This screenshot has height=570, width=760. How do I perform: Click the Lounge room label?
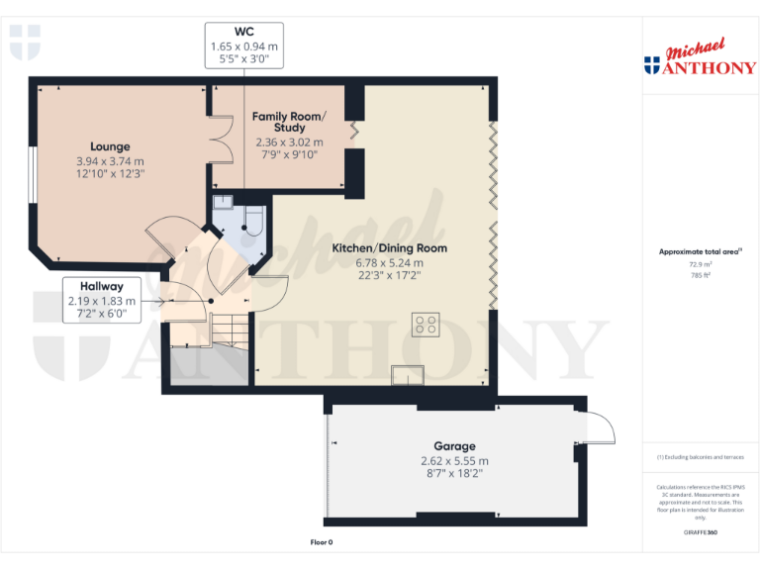(x=110, y=146)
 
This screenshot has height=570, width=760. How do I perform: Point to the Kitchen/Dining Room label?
(x=389, y=248)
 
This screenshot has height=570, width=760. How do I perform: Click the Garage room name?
(x=453, y=446)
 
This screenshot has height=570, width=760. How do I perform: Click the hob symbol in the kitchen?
(x=427, y=325)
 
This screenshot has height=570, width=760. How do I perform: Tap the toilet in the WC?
(x=251, y=223)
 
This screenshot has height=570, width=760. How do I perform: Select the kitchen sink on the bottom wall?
(x=406, y=374)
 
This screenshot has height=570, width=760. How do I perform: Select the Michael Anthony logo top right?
(x=699, y=59)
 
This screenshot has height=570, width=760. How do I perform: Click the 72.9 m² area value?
(x=702, y=265)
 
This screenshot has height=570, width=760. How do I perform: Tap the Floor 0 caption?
(x=322, y=542)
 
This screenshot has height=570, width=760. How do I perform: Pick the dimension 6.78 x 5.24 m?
(x=389, y=263)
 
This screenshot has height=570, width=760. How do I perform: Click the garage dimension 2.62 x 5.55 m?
(x=453, y=461)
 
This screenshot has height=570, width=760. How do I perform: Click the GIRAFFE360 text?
(x=701, y=533)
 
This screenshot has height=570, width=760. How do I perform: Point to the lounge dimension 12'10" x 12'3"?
(x=110, y=174)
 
